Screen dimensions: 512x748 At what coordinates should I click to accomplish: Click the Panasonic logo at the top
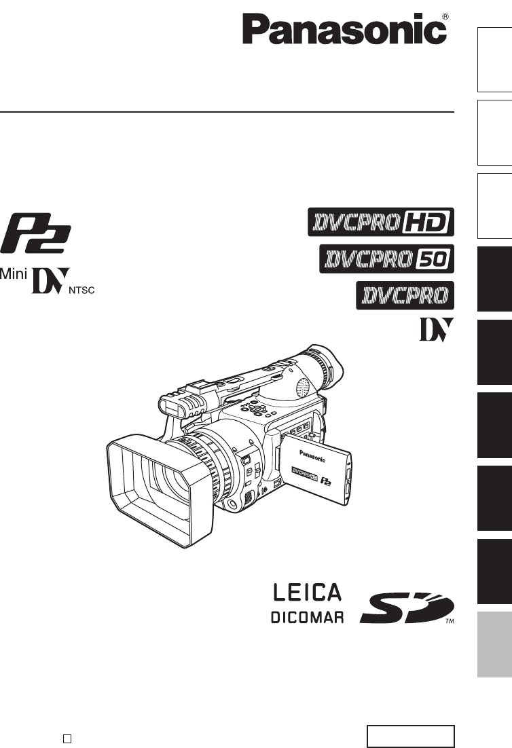pos(344,29)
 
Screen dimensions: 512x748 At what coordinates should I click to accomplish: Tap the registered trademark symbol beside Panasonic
pos(445,16)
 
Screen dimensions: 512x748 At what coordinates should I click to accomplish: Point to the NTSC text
pos(81,290)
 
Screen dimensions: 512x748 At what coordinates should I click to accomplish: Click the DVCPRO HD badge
pos(381,222)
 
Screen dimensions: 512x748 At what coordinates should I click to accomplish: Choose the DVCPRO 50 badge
pos(386,259)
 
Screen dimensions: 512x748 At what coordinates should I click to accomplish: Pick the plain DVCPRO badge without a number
pos(405,295)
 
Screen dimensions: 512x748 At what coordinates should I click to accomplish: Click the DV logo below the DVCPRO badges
pos(437,330)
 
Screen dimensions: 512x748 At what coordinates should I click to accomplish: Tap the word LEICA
pos(308,593)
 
